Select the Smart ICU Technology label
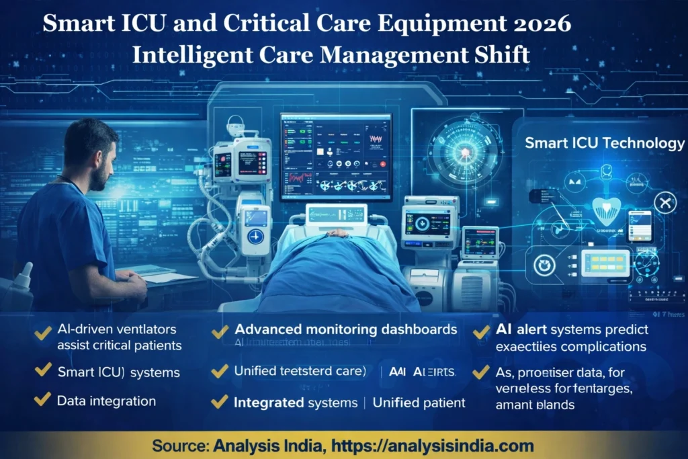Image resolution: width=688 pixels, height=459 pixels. [x=604, y=143]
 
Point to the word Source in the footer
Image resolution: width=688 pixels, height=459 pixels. [x=179, y=445]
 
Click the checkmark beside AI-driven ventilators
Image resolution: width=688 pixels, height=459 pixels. [x=42, y=331]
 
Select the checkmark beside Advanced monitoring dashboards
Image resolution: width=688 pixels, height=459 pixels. [x=220, y=331]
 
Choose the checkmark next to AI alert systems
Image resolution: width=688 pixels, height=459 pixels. [x=481, y=331]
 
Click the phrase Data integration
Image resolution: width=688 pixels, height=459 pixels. [x=106, y=401]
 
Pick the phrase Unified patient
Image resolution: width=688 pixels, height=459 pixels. [x=419, y=403]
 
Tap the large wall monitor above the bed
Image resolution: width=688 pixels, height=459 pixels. [x=335, y=156]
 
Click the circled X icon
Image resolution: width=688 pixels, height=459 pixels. [x=665, y=202]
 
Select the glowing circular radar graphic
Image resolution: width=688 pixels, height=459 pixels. [x=464, y=153]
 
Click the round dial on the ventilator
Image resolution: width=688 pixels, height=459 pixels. [x=255, y=237]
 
